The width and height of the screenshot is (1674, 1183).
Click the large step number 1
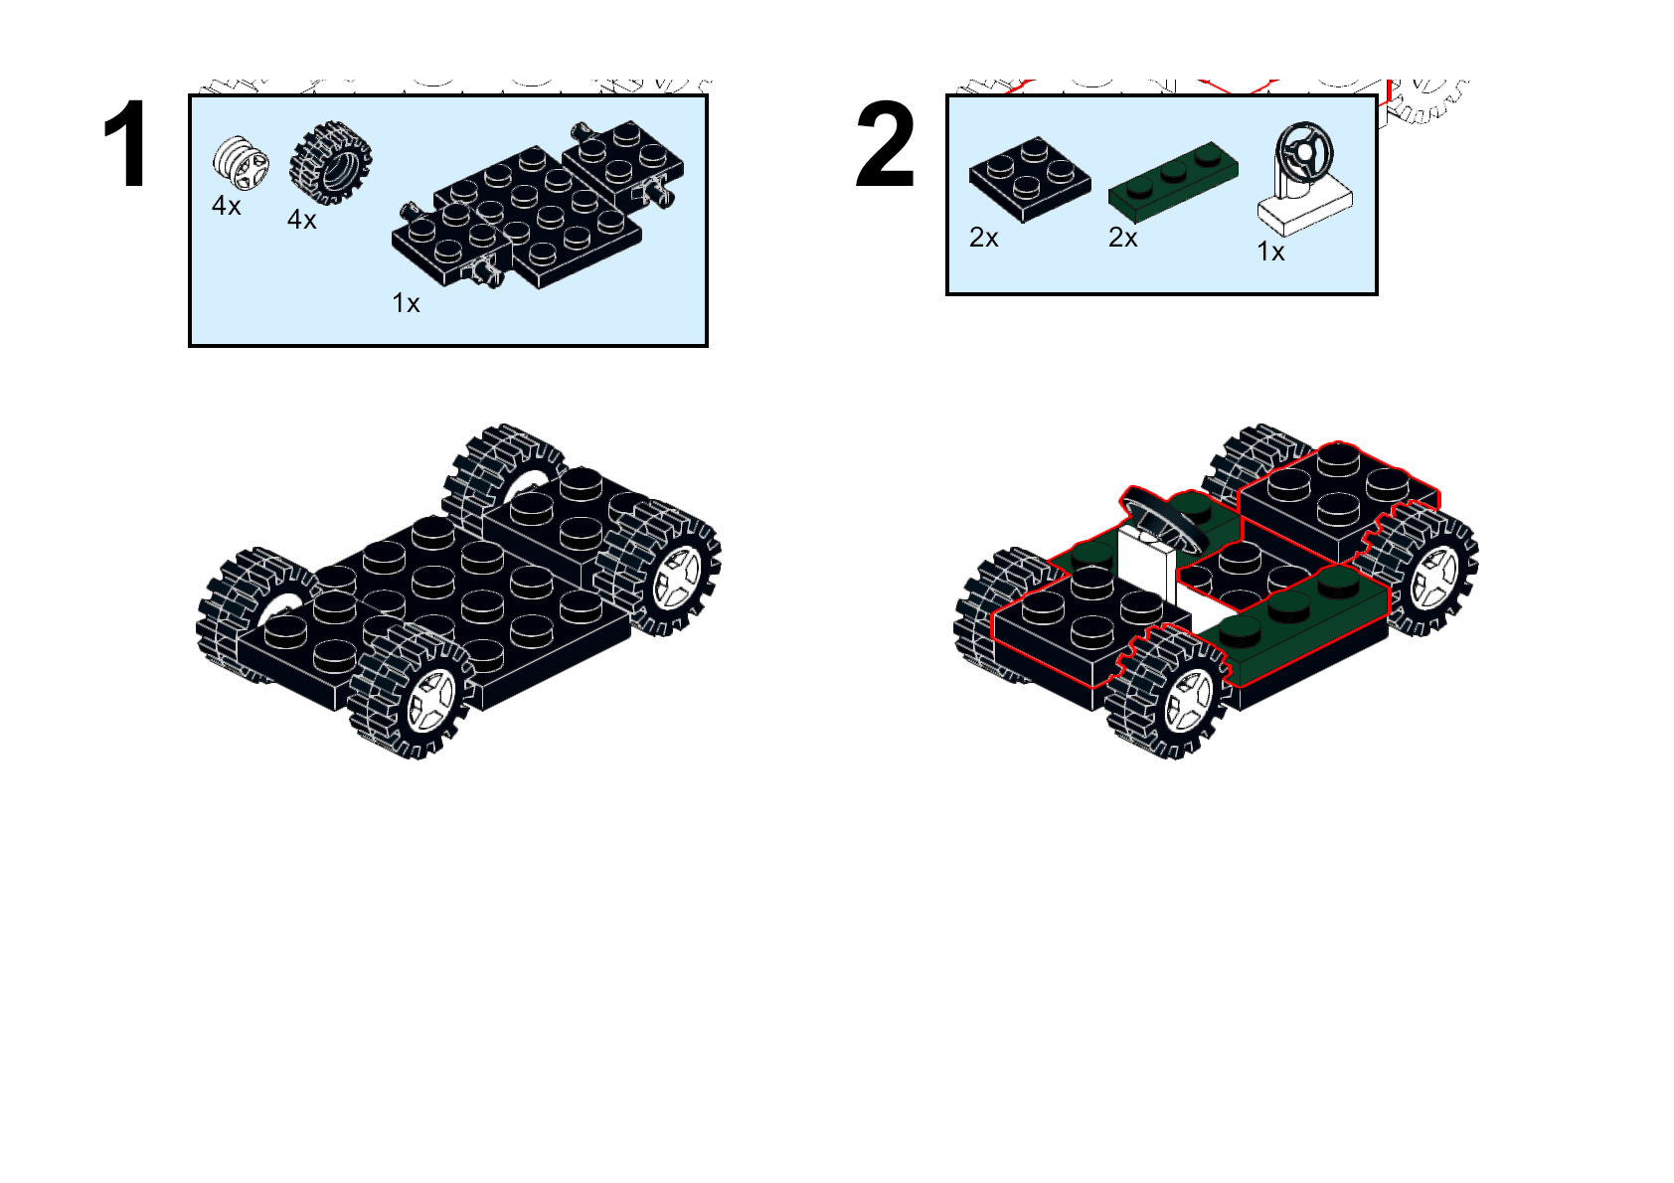125,145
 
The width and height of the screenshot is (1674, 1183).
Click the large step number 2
884,147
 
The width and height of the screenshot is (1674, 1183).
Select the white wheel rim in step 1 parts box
240,162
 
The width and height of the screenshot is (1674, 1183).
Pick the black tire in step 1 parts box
330,163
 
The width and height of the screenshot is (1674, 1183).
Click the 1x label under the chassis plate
406,303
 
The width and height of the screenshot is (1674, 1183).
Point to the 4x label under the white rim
227,206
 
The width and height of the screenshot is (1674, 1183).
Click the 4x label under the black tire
302,220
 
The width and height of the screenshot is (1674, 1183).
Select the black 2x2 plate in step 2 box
1029,180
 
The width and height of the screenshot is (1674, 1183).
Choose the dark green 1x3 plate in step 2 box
1173,179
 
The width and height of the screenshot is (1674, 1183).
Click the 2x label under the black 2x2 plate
984,238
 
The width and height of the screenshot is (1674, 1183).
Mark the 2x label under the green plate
1123,238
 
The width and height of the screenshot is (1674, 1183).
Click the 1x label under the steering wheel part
1270,252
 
